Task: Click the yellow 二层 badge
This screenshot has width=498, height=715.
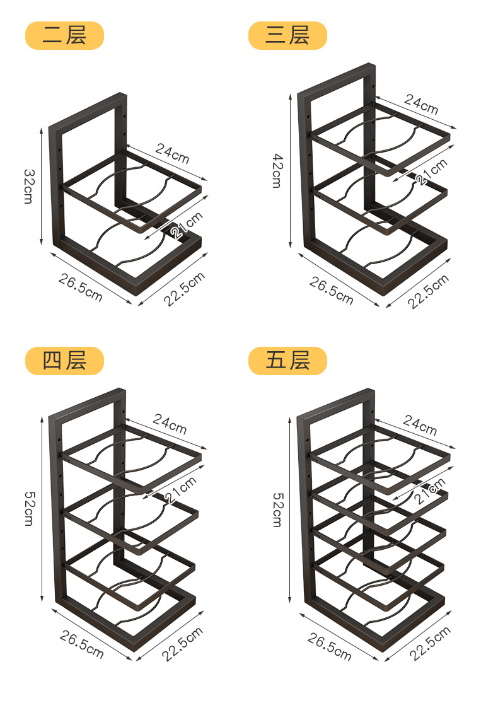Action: [64, 35]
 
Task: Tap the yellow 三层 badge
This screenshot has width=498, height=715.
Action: [287, 35]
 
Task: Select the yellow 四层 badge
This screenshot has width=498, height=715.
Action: [64, 361]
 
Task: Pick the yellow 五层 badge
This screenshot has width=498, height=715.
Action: [287, 361]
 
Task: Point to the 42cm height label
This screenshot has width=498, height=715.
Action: [277, 171]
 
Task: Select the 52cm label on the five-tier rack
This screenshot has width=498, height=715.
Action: [277, 509]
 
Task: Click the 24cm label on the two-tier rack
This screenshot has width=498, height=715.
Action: [172, 153]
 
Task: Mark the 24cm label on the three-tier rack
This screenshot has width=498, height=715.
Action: [421, 104]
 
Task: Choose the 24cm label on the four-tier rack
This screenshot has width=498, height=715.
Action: [170, 425]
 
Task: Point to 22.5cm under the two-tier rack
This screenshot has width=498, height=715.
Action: [185, 289]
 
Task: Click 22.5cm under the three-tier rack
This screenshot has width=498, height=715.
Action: [428, 291]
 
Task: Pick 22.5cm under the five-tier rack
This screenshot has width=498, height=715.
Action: [431, 642]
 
